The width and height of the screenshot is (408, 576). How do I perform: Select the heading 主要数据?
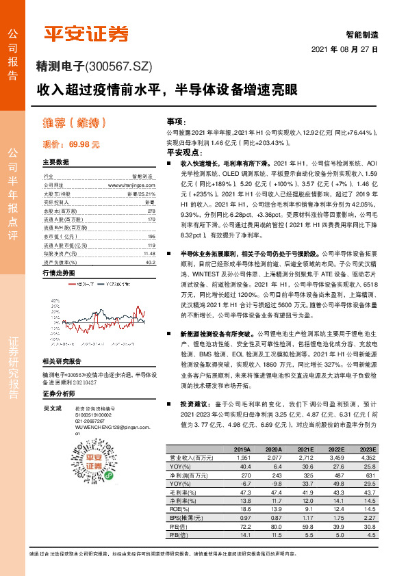point(56,163)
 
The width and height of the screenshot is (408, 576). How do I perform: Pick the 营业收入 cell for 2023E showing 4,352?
point(368,457)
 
